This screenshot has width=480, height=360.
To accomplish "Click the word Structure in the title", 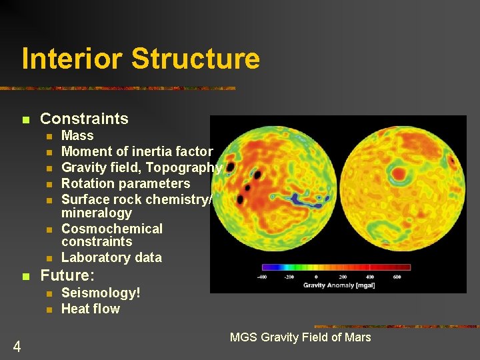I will pyautogui.click(x=195, y=59).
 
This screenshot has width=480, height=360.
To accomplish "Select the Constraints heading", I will pyautogui.click(x=84, y=119).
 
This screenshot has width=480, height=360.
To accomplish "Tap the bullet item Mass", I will pyautogui.click(x=77, y=136).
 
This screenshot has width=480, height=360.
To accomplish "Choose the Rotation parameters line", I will pyautogui.click(x=125, y=183).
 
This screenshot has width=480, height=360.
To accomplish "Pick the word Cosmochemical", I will pyautogui.click(x=111, y=229).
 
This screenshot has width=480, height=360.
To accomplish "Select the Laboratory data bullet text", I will pyautogui.click(x=111, y=257).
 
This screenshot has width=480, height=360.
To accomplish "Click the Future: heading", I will pyautogui.click(x=67, y=275).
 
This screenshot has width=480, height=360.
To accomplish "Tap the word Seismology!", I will pyautogui.click(x=101, y=293).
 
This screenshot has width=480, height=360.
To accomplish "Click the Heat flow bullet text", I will pyautogui.click(x=90, y=309).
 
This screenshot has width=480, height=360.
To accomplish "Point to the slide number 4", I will pyautogui.click(x=17, y=346).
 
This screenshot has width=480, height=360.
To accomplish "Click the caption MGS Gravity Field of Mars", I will pyautogui.click(x=300, y=337).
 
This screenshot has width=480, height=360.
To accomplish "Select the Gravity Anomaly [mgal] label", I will pyautogui.click(x=339, y=285).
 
